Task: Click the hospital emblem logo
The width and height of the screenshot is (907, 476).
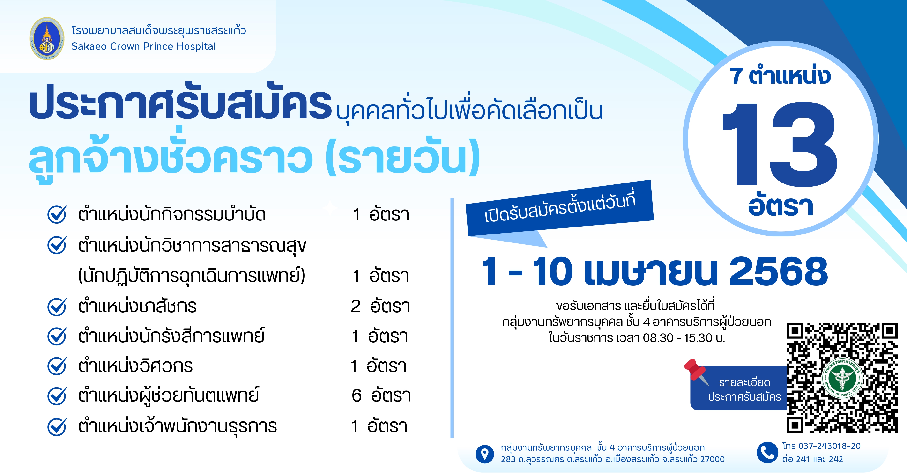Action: [47, 39]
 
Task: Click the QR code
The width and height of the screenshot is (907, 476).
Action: [842, 378]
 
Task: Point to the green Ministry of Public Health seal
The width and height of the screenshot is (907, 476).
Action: [842, 378]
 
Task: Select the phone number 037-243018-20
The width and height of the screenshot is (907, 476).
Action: [829, 446]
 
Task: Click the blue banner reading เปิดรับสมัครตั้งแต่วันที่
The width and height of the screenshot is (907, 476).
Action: [560, 208]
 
